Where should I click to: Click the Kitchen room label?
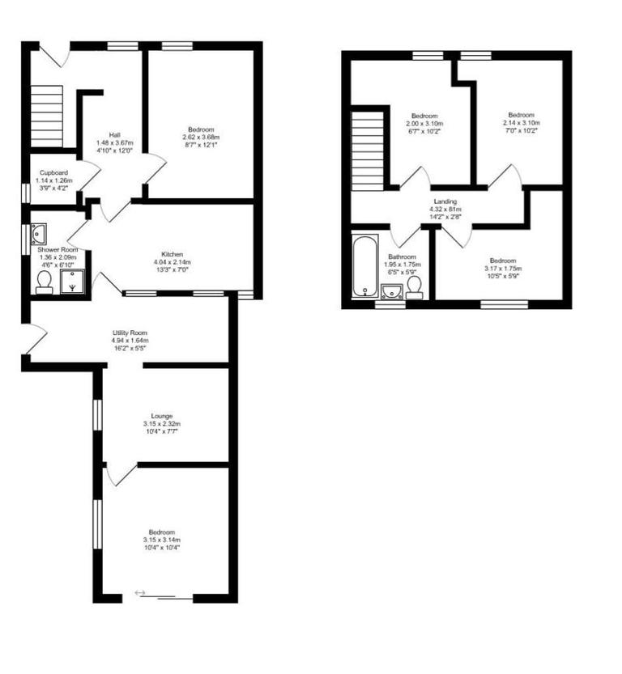pyautogui.click(x=172, y=254)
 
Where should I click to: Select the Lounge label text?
pyautogui.click(x=161, y=416)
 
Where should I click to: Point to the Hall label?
pyautogui.click(x=114, y=134)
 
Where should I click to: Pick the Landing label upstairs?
pyautogui.click(x=445, y=201)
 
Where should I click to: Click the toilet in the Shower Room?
pyautogui.click(x=45, y=282)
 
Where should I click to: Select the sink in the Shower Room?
pyautogui.click(x=38, y=235)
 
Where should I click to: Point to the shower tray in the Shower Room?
pyautogui.click(x=73, y=281)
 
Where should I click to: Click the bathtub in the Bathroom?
pyautogui.click(x=364, y=265)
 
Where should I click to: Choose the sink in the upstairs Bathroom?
pyautogui.click(x=391, y=292)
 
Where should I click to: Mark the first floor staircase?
pyautogui.click(x=367, y=151)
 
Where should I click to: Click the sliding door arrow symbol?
pyautogui.click(x=139, y=593)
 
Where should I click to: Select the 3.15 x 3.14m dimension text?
pyautogui.click(x=161, y=540)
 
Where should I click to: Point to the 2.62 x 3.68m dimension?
pyautogui.click(x=201, y=138)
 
